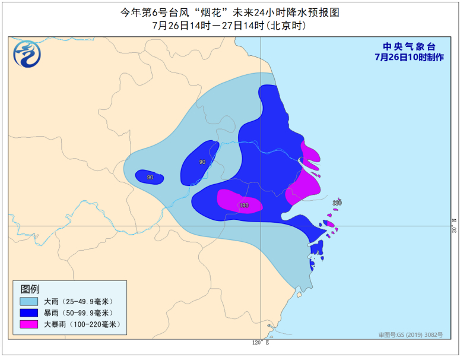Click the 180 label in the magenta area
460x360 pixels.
pos(243,206)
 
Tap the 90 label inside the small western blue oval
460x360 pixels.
pos(150,177)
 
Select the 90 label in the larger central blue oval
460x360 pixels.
pos(202,162)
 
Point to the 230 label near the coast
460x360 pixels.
pos(337,203)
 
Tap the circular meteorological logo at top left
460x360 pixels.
pos(28,55)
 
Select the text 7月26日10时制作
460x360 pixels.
pos(409,57)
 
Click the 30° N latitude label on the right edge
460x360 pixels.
pos(454,226)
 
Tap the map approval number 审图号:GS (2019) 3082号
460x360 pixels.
pos(411,335)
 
